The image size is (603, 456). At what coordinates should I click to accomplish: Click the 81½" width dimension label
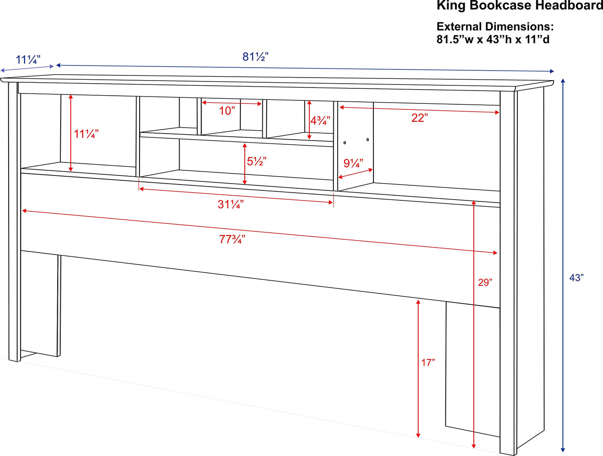[x=255, y=57]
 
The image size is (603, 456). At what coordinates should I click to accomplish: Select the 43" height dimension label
[x=576, y=278]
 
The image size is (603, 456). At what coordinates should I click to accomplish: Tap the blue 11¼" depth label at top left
[x=28, y=59]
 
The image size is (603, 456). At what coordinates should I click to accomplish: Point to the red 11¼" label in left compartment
[x=86, y=134]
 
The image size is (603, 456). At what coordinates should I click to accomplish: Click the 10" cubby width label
[x=227, y=111]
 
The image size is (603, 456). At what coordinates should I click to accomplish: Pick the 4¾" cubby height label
[x=320, y=121]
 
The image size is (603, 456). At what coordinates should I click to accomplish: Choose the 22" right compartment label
[x=420, y=118]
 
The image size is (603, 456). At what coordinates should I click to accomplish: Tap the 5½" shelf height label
[x=257, y=161]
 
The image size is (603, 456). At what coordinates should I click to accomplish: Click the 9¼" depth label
[x=353, y=163]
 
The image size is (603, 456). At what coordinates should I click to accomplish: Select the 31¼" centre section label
[x=230, y=204]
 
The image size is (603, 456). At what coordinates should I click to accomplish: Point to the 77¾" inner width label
[x=232, y=239]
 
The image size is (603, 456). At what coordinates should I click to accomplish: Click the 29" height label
[x=485, y=282]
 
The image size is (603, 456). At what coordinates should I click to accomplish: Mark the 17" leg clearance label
[x=428, y=362]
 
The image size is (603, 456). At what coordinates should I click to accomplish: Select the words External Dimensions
[x=495, y=27]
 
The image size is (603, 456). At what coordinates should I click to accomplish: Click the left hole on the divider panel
[x=345, y=143]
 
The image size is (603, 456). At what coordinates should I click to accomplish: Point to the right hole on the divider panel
[x=367, y=140]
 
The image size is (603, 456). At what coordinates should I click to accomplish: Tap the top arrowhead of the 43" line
[x=563, y=81]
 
